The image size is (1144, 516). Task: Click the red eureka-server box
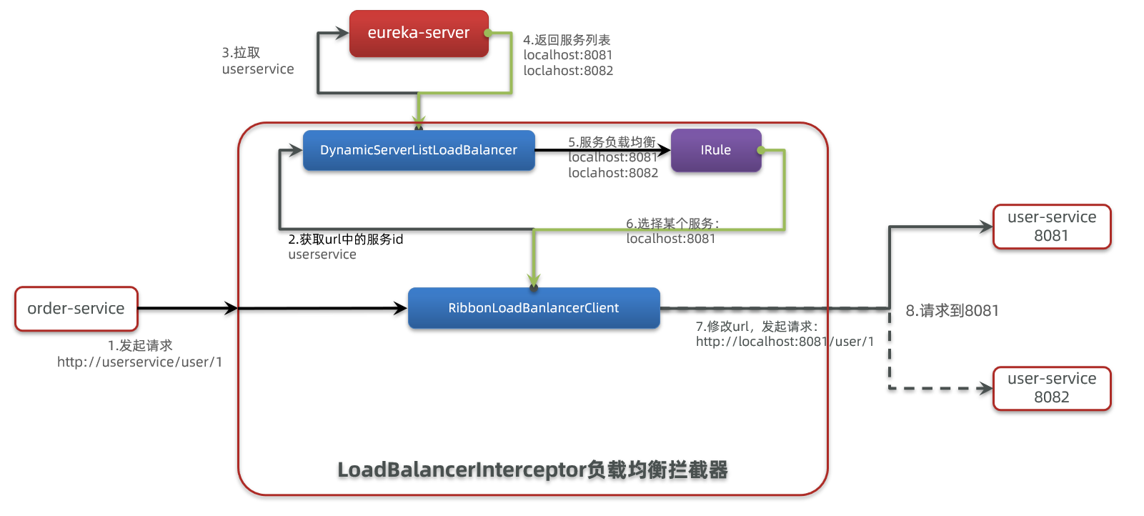pos(419,33)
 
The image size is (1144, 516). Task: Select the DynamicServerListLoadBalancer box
pos(419,150)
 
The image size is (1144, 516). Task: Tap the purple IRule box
pos(715,150)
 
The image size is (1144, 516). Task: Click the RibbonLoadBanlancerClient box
pos(533,308)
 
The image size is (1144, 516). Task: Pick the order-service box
pos(76,309)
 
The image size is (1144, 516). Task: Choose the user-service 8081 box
pos(1051,227)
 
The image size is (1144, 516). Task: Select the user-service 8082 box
pos(1051,388)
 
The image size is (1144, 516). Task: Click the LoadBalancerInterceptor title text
pos(532,470)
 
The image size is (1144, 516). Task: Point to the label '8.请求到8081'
pos(952,311)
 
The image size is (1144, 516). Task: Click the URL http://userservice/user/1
pos(140,362)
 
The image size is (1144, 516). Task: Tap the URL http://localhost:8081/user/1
pos(785,342)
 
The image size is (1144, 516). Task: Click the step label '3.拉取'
pos(241,53)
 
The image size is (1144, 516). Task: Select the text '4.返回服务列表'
pos(567,40)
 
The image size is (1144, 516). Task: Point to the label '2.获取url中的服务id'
pos(346,239)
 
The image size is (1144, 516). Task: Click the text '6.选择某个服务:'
pos(672,224)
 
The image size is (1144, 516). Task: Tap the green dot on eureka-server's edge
pos(488,33)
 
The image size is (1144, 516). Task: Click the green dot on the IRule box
pos(761,150)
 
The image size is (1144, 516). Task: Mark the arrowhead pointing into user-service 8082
pos(987,389)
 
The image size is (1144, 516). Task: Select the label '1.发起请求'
pos(140,346)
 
